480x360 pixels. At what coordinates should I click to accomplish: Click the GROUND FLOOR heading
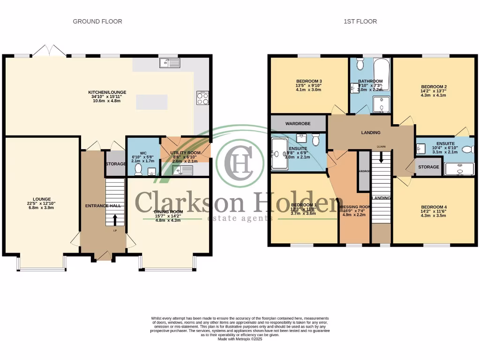click(97, 22)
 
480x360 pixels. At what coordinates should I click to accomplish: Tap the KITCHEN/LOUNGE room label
click(107, 92)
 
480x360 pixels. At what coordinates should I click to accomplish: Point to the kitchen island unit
click(151, 102)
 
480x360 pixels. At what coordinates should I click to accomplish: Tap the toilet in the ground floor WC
click(138, 170)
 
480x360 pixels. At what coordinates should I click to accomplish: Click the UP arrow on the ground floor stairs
click(114, 218)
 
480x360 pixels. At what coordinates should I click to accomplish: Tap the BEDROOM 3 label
click(308, 81)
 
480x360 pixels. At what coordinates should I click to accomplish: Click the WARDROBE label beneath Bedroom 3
click(298, 123)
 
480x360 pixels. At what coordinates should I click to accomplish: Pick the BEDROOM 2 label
click(434, 87)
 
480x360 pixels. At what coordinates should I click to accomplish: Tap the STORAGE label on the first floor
click(428, 167)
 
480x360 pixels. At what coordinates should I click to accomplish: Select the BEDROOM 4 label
click(434, 207)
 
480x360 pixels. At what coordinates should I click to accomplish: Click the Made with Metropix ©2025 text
click(240, 339)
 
